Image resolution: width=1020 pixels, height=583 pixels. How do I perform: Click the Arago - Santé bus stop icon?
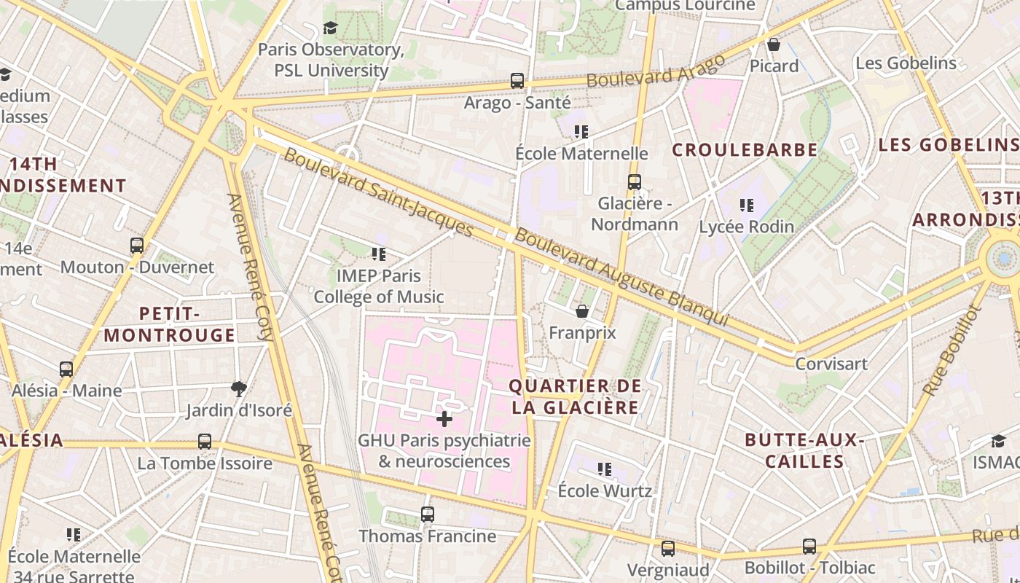pos(517,81)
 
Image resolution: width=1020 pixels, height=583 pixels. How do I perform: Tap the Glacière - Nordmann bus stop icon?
pos(635,182)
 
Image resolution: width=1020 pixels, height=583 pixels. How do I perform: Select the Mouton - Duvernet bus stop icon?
pos(137,246)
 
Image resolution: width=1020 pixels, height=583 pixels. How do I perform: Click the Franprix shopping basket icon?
pos(582,312)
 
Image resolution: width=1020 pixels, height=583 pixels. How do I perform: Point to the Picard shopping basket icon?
pos(774,45)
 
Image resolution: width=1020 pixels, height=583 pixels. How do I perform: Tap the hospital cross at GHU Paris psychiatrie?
pos(444,419)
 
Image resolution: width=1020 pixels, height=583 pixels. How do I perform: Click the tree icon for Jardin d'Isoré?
pos(238,388)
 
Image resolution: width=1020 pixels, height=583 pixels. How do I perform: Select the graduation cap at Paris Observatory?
pos(331,28)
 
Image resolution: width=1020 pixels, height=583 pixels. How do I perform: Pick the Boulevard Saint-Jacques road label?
pos(378,192)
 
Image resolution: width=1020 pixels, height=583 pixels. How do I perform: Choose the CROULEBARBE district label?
pos(745,150)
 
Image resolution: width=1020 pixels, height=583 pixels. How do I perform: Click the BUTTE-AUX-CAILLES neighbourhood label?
pos(804,450)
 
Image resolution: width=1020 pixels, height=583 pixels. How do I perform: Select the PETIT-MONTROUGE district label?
pos(170,324)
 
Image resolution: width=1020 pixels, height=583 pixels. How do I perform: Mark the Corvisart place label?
pos(831,364)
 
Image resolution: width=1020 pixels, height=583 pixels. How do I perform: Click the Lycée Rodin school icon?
pos(746,206)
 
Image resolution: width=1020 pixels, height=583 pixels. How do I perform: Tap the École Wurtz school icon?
pos(605,469)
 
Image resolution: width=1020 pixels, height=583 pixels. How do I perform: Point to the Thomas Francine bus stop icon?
pos(428,514)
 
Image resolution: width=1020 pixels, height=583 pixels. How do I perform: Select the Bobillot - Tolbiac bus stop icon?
pos(809,547)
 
